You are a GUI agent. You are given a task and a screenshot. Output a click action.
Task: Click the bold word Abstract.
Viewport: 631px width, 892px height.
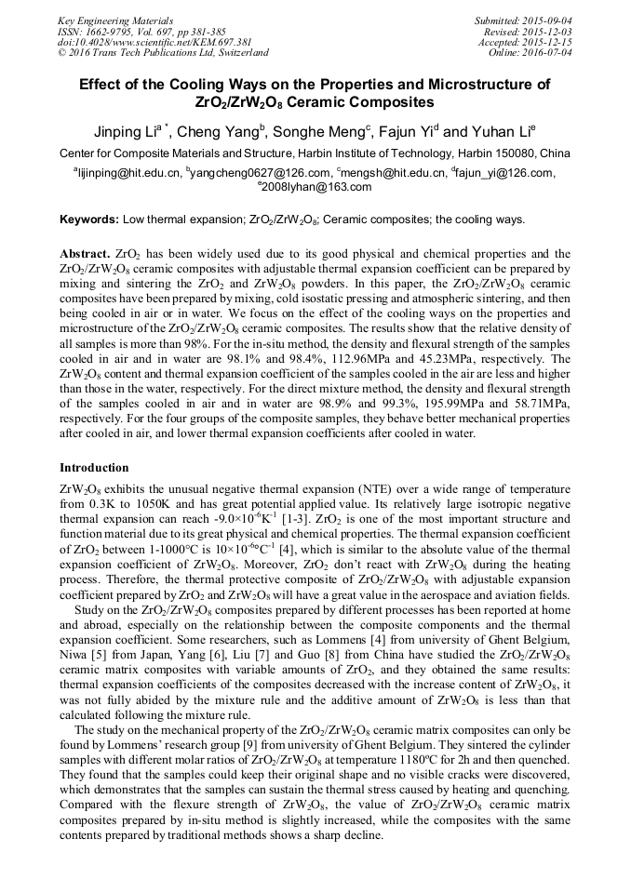click(x=85, y=253)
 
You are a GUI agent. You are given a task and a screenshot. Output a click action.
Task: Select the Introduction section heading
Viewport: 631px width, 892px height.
click(x=94, y=467)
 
